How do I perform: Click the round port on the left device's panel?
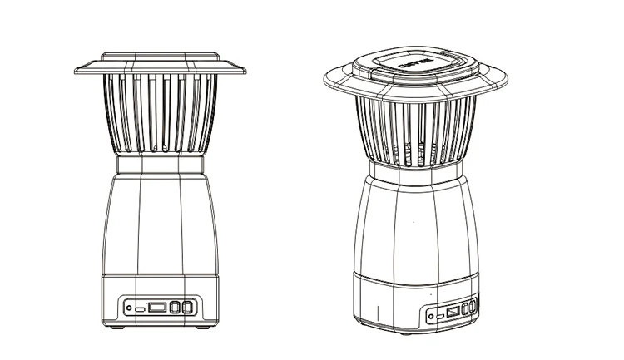click(x=129, y=307)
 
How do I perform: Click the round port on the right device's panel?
click(x=432, y=316)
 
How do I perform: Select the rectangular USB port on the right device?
click(x=452, y=313)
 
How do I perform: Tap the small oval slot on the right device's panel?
click(x=441, y=317)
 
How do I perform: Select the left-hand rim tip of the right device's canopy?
click(x=324, y=81)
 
